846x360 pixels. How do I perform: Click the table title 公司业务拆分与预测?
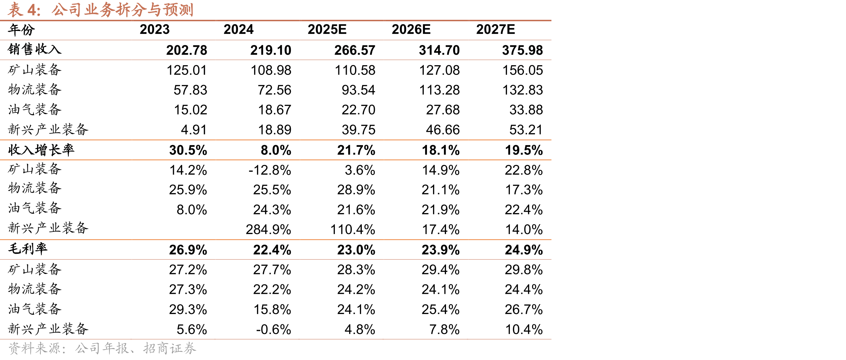(122, 10)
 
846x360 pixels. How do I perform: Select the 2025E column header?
(327, 30)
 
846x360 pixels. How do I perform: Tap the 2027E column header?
(495, 30)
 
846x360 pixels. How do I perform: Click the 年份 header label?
(21, 30)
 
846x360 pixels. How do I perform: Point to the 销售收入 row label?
(35, 49)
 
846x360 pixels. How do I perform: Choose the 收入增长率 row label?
(41, 150)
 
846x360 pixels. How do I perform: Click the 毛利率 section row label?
(28, 249)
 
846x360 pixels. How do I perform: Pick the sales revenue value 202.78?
(186, 50)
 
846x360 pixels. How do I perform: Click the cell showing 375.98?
(522, 50)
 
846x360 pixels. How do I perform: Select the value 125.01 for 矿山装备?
(186, 70)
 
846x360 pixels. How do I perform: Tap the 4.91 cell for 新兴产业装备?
(194, 130)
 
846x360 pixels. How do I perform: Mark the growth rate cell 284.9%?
(268, 230)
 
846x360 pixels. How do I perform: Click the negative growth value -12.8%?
(270, 170)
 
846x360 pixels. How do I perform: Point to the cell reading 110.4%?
(352, 230)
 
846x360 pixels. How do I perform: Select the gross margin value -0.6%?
(273, 329)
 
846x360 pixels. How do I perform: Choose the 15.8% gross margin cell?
(272, 310)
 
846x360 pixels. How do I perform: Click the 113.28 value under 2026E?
(439, 90)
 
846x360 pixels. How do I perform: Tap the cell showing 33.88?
(526, 110)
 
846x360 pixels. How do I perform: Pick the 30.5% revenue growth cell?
(188, 150)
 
